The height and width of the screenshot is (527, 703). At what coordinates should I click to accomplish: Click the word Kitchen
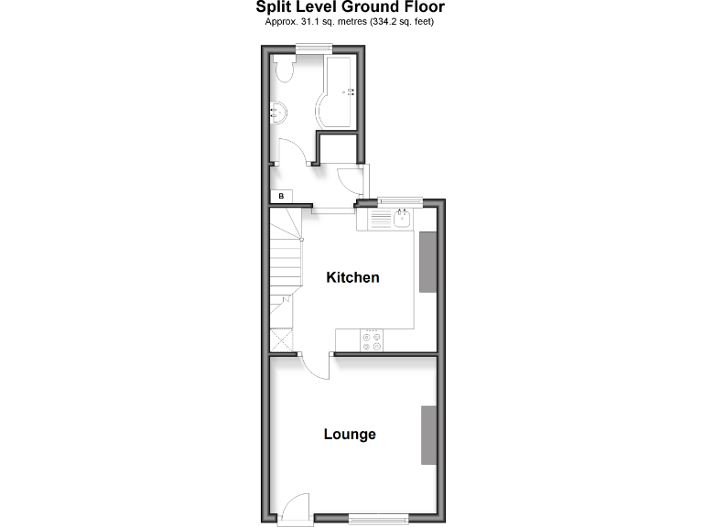click(352, 277)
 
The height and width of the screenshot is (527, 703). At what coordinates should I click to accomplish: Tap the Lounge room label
click(350, 434)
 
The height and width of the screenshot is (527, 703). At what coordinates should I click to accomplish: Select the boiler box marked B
click(281, 196)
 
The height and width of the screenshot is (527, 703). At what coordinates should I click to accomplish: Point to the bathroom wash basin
click(278, 113)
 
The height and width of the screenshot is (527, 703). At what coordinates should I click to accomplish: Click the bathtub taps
click(349, 91)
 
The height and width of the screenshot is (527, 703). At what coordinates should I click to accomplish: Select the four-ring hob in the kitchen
click(372, 340)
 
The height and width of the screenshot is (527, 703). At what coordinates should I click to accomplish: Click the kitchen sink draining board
click(379, 220)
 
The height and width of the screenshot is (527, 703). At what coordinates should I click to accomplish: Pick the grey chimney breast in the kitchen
click(427, 262)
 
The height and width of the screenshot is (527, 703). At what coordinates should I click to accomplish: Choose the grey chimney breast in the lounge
click(427, 434)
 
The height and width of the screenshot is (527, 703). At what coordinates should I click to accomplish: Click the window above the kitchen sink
click(400, 200)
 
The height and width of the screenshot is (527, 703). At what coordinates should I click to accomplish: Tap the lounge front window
click(377, 520)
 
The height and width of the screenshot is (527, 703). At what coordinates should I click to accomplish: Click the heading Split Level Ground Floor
click(351, 8)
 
